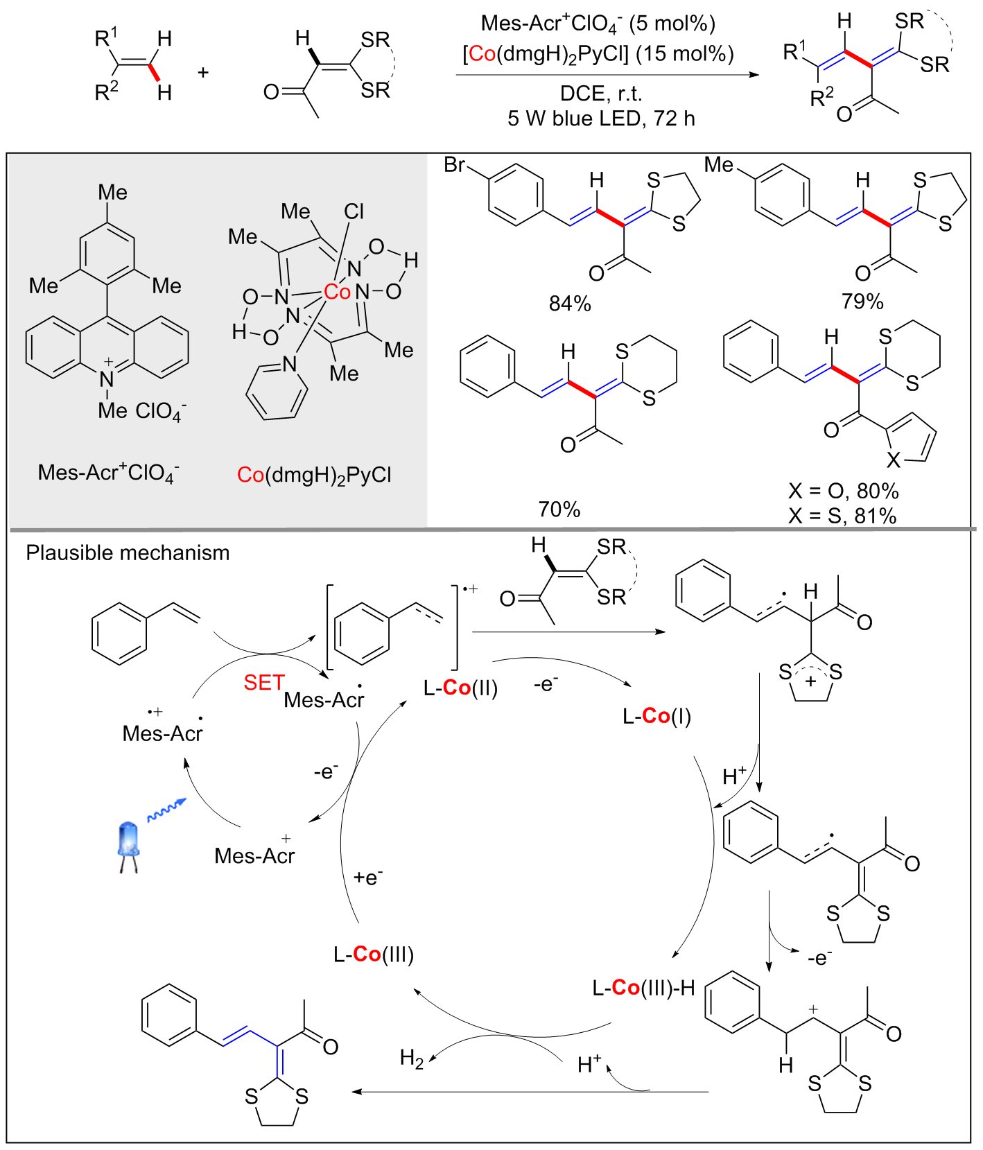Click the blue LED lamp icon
[x=129, y=845]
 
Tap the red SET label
[x=263, y=683]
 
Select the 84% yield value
[x=570, y=304]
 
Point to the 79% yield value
[x=862, y=302]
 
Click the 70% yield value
[x=559, y=509]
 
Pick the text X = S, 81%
[x=842, y=516]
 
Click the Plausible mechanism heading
[x=128, y=552]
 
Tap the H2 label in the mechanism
[x=412, y=1058]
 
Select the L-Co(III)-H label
[x=643, y=987]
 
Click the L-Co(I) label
[x=656, y=716]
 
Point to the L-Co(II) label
[x=461, y=688]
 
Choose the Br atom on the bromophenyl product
[x=454, y=165]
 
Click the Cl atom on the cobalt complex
[x=354, y=211]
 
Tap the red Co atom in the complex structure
[x=338, y=292]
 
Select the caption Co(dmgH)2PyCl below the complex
[x=314, y=475]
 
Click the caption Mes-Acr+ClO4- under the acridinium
[x=108, y=473]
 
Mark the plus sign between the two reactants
[x=203, y=72]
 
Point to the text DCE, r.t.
[x=600, y=94]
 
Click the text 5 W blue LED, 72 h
[x=600, y=119]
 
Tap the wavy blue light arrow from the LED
[x=166, y=810]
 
